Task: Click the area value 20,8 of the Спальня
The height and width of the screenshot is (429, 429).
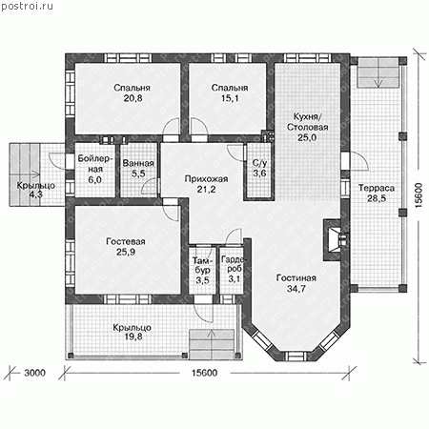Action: point(133,98)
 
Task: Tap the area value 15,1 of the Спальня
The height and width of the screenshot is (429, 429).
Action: point(230,98)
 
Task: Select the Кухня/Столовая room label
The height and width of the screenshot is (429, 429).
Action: point(307,122)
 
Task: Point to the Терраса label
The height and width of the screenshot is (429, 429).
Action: point(377,188)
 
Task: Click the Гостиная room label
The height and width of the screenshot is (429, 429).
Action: point(296,278)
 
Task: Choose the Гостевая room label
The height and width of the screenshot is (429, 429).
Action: point(126,241)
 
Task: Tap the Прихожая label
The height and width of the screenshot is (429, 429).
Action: point(206,179)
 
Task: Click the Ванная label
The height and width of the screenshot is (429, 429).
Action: point(138,163)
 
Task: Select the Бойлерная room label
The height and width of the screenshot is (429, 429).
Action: point(95,163)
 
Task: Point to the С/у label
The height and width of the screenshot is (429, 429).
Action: point(259,163)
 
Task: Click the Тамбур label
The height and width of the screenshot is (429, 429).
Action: point(202,266)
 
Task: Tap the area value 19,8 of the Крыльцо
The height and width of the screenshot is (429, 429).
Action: point(133,337)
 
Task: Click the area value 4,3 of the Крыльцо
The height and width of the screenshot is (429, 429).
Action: point(36,194)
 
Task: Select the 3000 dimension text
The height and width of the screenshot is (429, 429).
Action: point(35,373)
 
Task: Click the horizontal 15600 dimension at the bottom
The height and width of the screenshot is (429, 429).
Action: point(205,373)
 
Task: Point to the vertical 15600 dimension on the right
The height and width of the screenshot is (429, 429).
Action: point(419,195)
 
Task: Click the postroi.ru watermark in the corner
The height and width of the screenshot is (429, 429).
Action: point(28,7)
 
